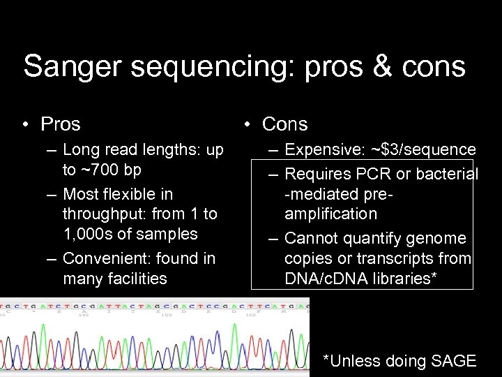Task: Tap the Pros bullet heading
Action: pos(61,124)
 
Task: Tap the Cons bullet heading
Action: pos(284,124)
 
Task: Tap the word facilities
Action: pos(132,279)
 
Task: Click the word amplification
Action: pos(330,214)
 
